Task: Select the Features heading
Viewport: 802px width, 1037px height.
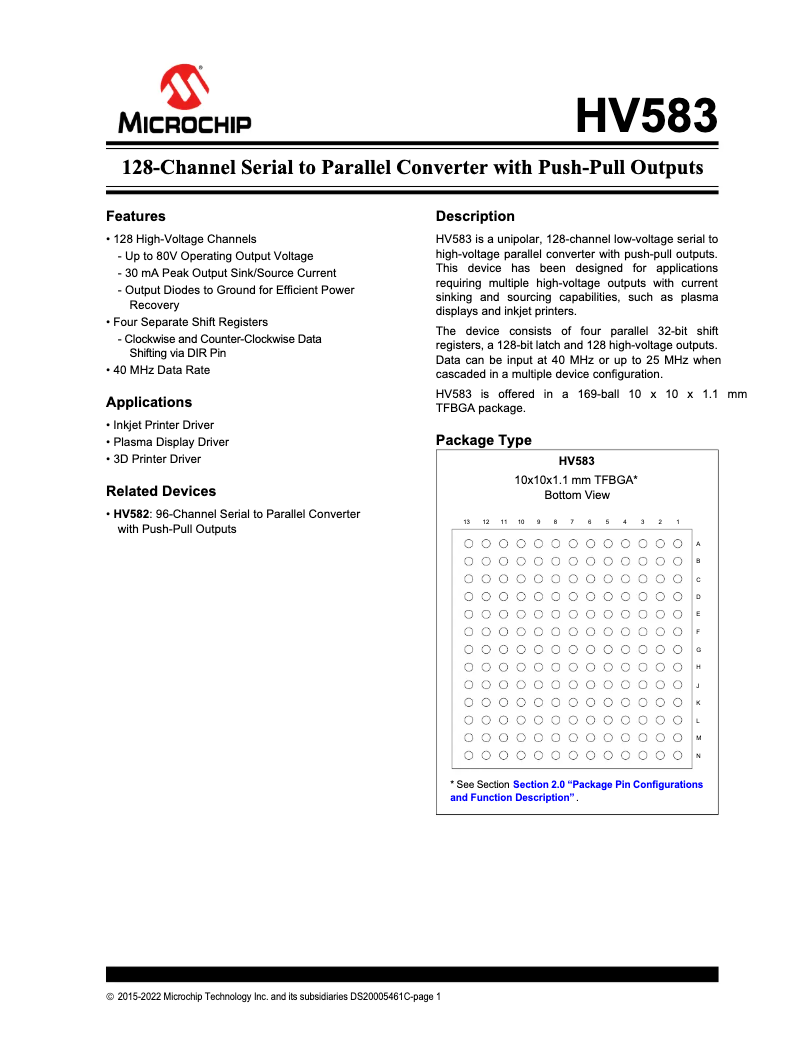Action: [136, 216]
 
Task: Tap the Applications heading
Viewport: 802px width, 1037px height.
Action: [149, 402]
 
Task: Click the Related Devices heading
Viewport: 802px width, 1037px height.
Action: [161, 491]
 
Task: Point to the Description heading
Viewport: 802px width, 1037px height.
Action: [475, 216]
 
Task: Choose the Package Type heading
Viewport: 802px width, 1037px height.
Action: [484, 440]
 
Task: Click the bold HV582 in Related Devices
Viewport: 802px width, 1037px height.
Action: [131, 514]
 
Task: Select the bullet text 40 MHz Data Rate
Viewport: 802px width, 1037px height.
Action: [161, 370]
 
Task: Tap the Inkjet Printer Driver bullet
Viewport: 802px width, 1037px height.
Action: [163, 425]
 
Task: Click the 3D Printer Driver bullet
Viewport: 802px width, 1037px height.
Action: [157, 459]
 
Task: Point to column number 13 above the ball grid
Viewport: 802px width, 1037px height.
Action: [467, 522]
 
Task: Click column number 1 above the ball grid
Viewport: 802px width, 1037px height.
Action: [678, 522]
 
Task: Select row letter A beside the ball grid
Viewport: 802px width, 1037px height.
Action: [698, 543]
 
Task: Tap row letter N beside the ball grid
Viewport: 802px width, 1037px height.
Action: [698, 755]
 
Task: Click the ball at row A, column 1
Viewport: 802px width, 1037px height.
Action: [678, 543]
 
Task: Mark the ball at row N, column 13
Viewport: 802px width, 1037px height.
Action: [468, 755]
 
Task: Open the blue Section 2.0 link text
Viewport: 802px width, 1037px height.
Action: [607, 784]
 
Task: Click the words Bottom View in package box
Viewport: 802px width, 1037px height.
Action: [576, 495]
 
